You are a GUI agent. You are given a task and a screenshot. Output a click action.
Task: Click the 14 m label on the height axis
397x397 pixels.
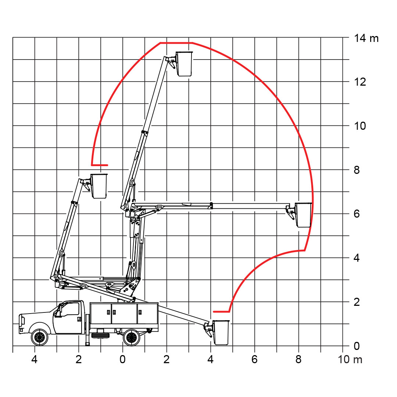(366, 39)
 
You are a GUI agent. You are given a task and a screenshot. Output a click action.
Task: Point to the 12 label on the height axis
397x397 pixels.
(360, 82)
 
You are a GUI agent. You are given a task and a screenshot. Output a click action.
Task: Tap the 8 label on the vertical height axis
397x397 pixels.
(357, 170)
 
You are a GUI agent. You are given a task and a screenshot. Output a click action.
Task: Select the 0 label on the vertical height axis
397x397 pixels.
(357, 346)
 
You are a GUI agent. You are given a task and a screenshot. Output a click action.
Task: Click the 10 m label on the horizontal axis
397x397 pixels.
(350, 359)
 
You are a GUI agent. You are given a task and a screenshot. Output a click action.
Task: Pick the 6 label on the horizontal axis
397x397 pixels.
(254, 359)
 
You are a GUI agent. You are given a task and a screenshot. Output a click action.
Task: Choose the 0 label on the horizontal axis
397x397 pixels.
(122, 359)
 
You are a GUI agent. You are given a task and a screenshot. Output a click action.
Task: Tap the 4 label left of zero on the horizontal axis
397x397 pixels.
(35, 359)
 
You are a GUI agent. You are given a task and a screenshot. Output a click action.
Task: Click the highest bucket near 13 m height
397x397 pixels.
(184, 64)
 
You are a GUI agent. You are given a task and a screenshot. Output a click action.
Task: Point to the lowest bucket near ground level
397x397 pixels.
(221, 332)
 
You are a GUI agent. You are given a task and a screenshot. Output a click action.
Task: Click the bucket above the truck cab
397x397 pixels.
(99, 186)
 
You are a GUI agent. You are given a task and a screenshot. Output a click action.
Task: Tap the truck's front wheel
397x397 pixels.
(39, 337)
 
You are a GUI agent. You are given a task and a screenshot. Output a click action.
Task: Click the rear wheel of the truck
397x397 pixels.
(131, 337)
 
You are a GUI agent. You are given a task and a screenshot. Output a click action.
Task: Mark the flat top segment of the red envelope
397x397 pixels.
(176, 43)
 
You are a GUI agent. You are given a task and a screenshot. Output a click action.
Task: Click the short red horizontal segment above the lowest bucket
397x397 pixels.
(221, 311)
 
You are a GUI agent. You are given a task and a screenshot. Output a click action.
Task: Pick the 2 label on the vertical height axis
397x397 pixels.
(357, 302)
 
